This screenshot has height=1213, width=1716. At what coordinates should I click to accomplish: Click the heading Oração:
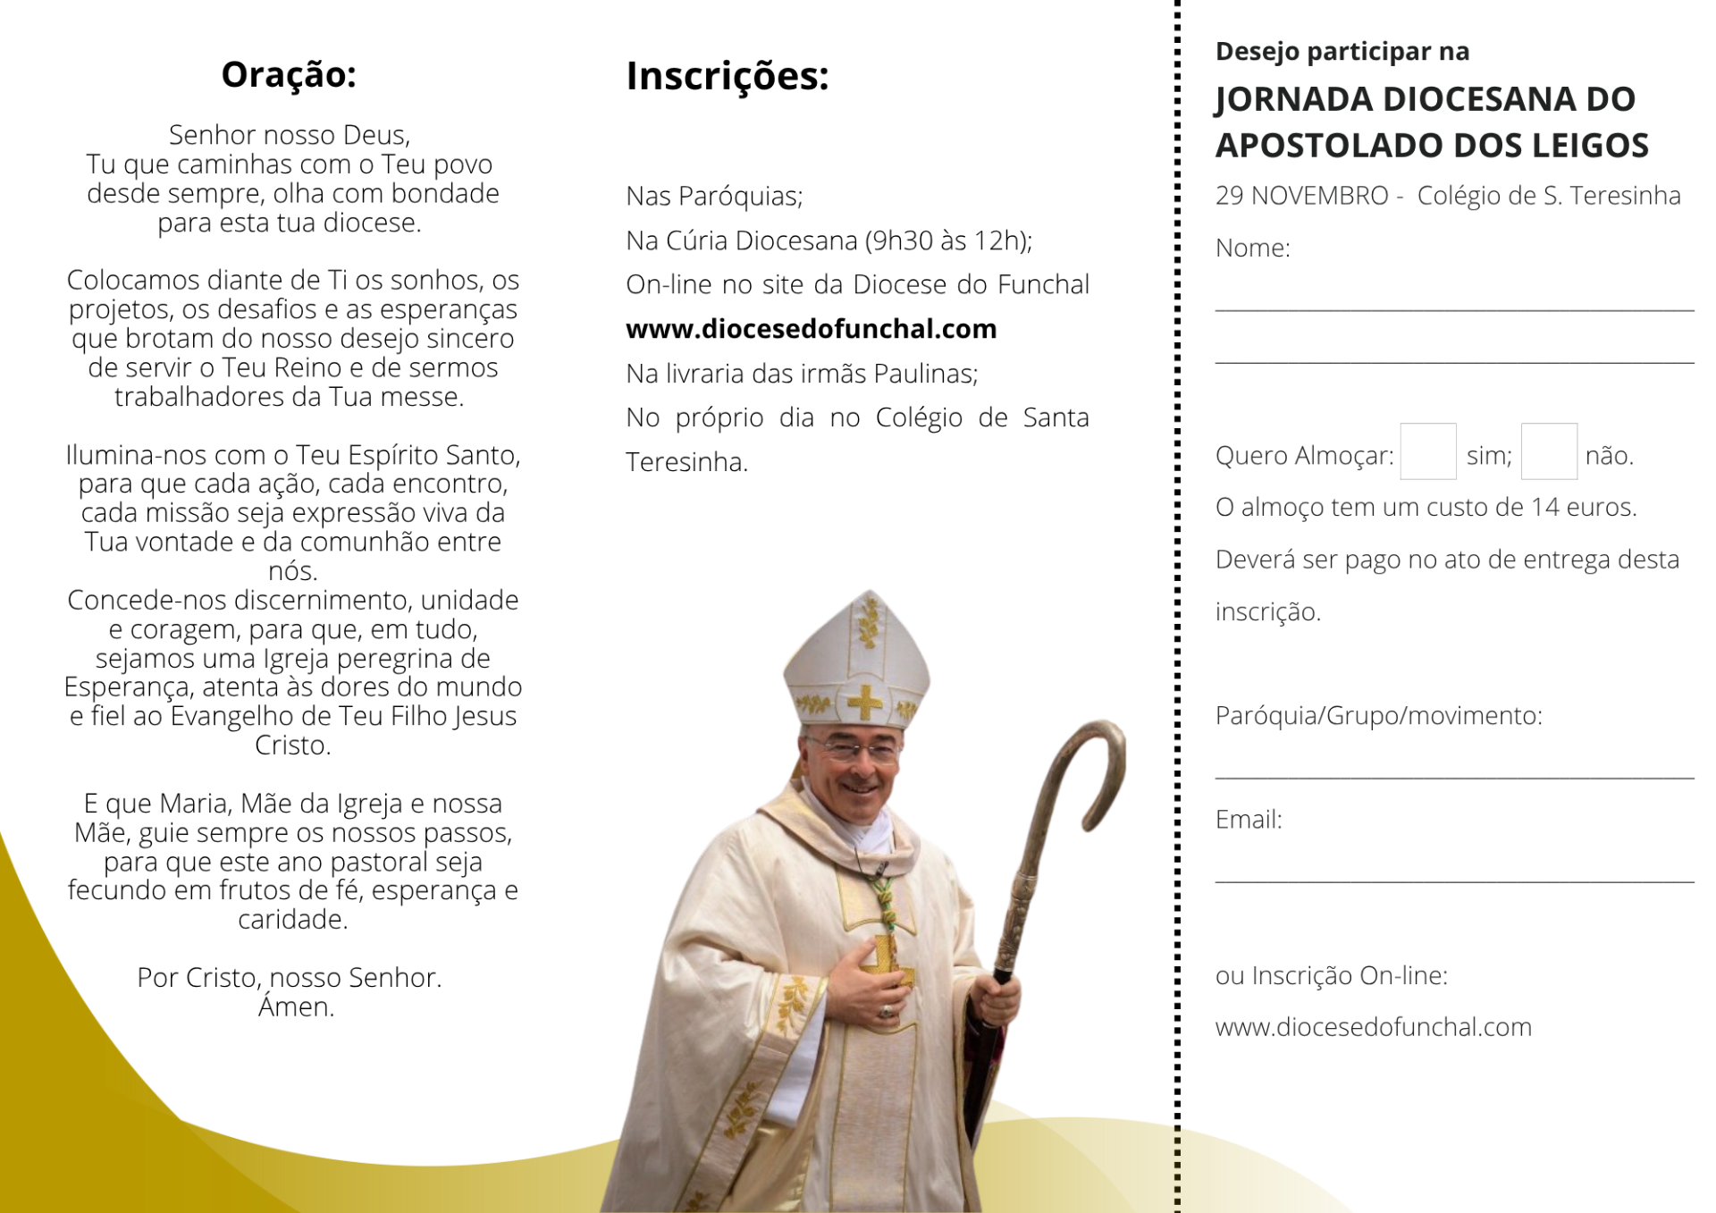coord(289,75)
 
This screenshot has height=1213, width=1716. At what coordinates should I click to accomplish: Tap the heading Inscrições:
coord(728,77)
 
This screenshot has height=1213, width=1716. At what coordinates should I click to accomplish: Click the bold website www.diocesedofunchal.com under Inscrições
coord(811,329)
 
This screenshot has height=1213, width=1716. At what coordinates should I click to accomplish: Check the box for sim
coord(1427,451)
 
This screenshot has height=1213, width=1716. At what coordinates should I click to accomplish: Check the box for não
coord(1548,451)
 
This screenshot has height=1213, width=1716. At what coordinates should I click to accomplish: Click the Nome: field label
coord(1252,248)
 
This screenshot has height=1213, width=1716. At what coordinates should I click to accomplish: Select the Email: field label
coord(1248,820)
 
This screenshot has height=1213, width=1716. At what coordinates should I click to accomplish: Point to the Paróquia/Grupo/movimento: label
coord(1378,716)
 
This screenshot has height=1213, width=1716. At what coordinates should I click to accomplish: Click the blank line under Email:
coord(1454,880)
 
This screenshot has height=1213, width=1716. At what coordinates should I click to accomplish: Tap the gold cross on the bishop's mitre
coord(864,703)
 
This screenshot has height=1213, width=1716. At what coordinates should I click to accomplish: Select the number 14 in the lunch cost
coord(1544,508)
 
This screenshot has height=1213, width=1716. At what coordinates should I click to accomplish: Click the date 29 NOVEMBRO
coord(1301,196)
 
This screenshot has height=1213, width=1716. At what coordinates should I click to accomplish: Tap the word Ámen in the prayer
coord(296,1007)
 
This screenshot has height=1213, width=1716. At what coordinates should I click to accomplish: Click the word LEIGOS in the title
coord(1590,146)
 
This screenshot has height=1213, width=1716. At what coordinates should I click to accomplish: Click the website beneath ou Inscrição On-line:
coord(1373,1027)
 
